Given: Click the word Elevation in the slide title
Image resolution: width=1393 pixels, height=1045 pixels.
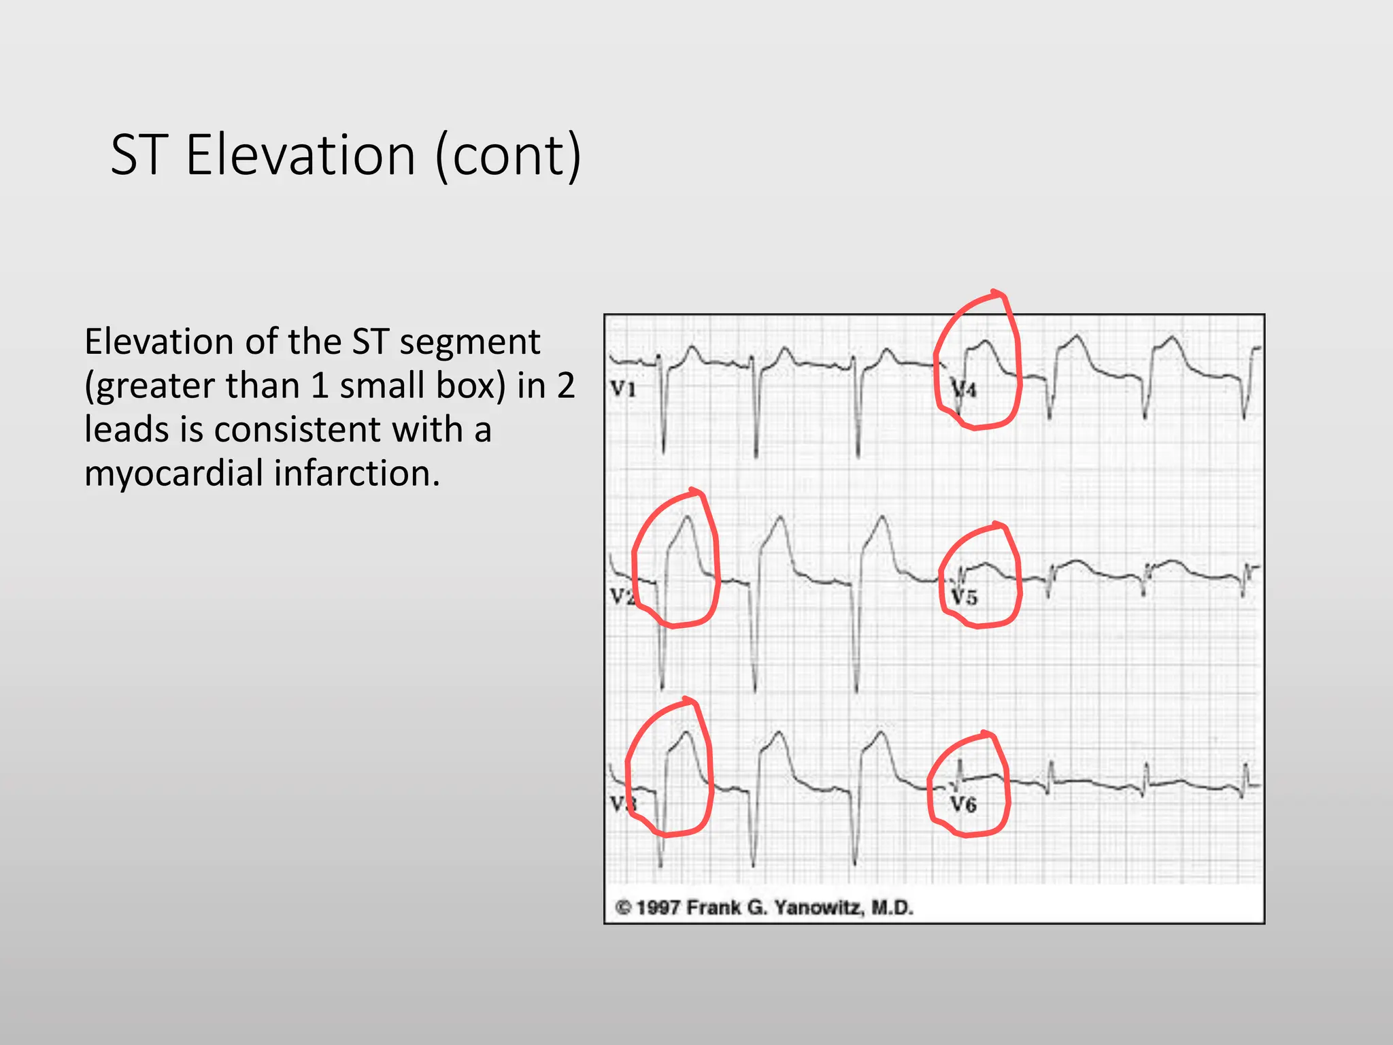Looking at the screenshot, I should pos(300,155).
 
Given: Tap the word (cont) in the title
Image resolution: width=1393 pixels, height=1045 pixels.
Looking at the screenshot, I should pos(509,155).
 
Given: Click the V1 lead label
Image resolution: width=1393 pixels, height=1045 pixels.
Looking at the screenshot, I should pos(623,389).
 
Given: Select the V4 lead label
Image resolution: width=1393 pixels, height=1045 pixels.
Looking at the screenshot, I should pos(964,389).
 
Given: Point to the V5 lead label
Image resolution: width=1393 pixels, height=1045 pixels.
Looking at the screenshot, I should pos(964,597).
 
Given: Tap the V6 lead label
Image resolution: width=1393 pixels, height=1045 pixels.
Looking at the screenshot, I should pos(963,805).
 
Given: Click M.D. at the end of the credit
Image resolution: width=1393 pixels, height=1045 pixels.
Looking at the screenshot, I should pos(892,908).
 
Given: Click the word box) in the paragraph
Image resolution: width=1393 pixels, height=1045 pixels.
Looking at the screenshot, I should pos(471,386).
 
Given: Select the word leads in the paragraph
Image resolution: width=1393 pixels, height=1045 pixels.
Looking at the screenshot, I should pos(126,429).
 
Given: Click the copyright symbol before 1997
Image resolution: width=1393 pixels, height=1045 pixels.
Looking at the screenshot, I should pos(623,908).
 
